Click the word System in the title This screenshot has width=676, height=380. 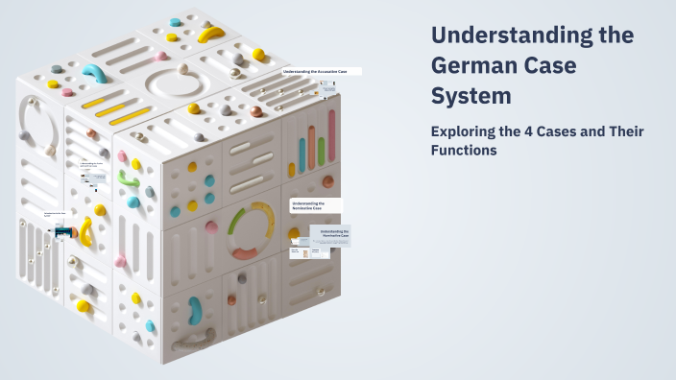[x=471, y=97]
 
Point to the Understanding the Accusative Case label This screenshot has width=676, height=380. [x=321, y=71]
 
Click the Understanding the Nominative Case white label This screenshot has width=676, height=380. [x=316, y=205]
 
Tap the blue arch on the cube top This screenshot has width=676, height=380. [x=95, y=74]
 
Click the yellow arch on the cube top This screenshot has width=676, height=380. [x=210, y=34]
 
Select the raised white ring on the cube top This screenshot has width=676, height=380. [x=179, y=84]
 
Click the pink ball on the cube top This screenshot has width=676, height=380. [x=67, y=93]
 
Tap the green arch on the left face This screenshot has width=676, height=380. [x=129, y=179]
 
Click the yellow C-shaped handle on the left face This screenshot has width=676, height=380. [x=85, y=231]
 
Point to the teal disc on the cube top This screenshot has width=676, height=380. [x=176, y=21]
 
